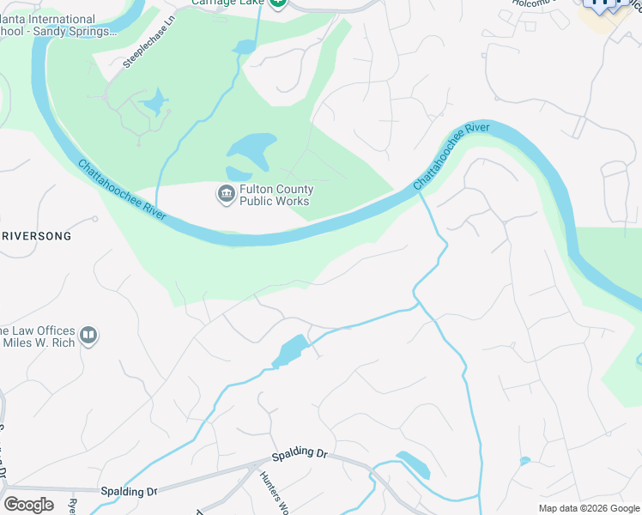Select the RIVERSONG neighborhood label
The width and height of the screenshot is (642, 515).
coord(36,235)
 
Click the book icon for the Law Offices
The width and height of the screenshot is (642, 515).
coord(88,336)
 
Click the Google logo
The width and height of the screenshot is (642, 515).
coord(28,504)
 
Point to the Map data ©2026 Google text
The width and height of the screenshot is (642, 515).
coord(588,508)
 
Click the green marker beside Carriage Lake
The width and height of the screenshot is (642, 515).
coord(277,3)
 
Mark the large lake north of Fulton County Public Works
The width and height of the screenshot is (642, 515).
coord(251,152)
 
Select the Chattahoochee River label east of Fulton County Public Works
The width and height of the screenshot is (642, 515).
coord(450,156)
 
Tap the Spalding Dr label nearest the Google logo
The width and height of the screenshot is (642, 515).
coord(129,492)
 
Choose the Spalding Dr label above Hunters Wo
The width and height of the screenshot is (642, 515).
coord(300,453)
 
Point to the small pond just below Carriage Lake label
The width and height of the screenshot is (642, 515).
coord(245,46)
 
